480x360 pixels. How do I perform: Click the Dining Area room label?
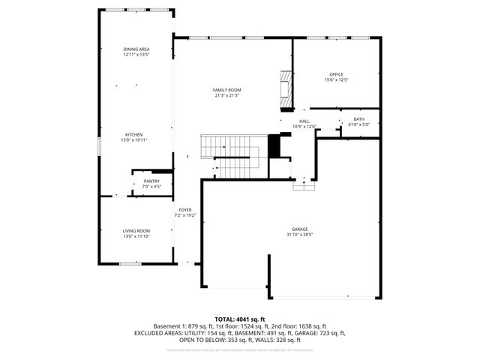click(136, 49)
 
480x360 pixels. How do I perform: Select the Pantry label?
click(152, 181)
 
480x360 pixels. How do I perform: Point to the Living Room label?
click(136, 231)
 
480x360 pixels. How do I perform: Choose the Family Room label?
click(227, 89)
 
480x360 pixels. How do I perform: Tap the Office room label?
click(337, 74)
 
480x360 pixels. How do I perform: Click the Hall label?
click(304, 121)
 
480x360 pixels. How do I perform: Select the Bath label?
click(359, 119)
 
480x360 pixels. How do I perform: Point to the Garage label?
click(300, 229)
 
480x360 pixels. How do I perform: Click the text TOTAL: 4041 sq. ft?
click(240, 319)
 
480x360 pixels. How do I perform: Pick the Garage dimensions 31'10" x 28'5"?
click(300, 234)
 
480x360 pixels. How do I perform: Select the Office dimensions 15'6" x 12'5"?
click(337, 79)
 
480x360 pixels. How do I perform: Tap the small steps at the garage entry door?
click(303, 185)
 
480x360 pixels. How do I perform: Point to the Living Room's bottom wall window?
click(130, 263)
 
